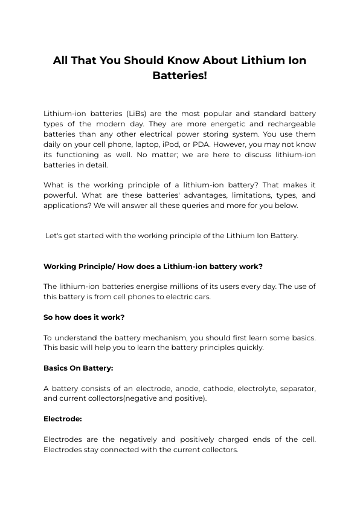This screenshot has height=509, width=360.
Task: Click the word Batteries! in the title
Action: pos(179,77)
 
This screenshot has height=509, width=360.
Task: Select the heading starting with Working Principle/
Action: pos(153,266)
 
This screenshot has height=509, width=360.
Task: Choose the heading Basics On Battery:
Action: pos(79,368)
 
